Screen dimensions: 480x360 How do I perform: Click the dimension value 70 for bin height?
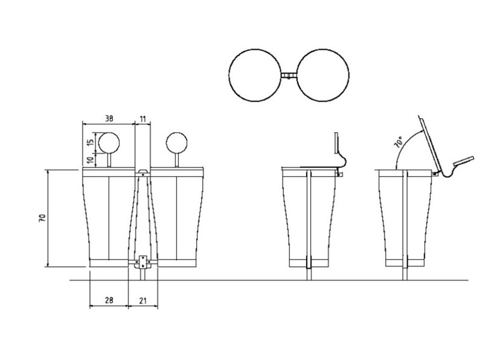click(x=43, y=218)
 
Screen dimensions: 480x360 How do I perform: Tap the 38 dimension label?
click(x=109, y=119)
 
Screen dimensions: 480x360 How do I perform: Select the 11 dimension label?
click(x=143, y=119)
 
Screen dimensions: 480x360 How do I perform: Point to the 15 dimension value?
click(x=91, y=142)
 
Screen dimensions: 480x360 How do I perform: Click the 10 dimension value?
click(x=91, y=160)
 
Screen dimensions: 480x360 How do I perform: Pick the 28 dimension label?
click(x=109, y=301)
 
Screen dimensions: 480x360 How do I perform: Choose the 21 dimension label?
click(x=143, y=301)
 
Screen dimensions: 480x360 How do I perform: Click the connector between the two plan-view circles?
click(x=289, y=76)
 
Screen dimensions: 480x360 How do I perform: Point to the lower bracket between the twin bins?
click(x=143, y=262)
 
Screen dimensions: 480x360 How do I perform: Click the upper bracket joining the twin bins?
click(x=143, y=172)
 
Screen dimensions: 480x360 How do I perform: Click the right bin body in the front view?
click(x=177, y=218)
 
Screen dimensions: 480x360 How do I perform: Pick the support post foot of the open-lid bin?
click(x=405, y=274)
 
